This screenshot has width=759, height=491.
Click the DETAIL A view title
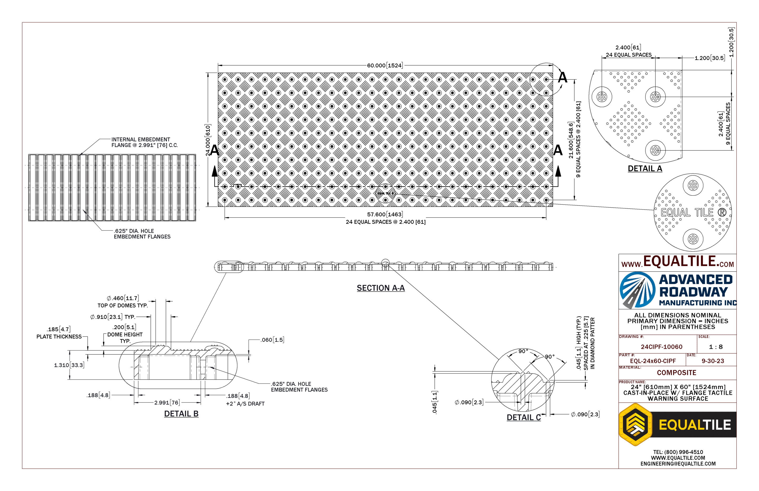point(645,168)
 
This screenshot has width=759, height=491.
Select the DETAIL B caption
point(181,414)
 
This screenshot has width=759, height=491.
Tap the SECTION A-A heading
point(381,288)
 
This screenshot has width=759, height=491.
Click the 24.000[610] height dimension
point(208,140)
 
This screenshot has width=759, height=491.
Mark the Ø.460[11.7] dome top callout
point(123,298)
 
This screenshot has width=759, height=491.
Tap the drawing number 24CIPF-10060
point(661,347)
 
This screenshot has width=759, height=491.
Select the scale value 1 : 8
point(716,347)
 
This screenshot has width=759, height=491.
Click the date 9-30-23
point(713,361)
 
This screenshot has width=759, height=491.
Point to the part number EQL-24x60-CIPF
point(653,361)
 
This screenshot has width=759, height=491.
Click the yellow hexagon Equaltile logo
point(636,424)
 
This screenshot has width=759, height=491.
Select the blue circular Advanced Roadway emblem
point(637,290)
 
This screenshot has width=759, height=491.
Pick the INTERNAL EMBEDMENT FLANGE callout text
point(144,142)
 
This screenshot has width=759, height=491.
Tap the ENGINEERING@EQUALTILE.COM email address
point(678,464)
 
